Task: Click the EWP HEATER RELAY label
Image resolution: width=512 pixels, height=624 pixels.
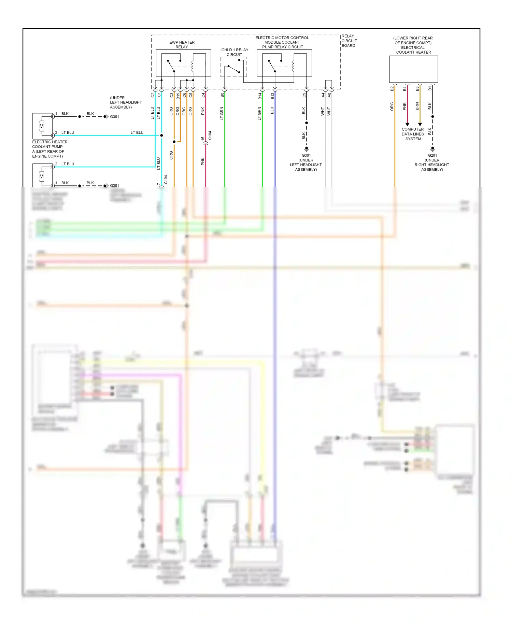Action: (182, 45)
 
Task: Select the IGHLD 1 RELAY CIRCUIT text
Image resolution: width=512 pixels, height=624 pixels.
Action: (234, 52)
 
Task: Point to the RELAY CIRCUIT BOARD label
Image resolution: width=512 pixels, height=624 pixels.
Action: (349, 41)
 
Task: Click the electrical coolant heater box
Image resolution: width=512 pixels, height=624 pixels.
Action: (413, 69)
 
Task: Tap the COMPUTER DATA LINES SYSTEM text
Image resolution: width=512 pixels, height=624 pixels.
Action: (413, 134)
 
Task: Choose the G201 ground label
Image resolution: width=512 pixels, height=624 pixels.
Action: (432, 155)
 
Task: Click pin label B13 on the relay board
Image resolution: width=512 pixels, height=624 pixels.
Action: (272, 96)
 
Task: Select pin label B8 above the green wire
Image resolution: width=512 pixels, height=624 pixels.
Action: (222, 95)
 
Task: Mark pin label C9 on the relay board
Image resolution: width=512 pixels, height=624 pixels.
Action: (304, 95)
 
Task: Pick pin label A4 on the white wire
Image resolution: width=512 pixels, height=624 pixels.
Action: (323, 95)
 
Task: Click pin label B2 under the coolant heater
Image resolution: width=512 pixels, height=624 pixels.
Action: (392, 89)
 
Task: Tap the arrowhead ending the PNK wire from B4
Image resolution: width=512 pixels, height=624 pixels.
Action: (407, 125)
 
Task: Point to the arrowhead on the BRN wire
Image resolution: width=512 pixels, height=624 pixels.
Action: (420, 125)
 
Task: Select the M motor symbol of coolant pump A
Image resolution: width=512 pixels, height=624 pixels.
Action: (42, 126)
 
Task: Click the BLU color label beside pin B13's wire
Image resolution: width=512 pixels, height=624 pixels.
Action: (272, 111)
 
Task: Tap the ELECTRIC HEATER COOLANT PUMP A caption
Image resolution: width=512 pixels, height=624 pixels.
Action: (49, 149)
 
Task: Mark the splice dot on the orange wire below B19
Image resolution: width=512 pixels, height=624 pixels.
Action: (174, 142)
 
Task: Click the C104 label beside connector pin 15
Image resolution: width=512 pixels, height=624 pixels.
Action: (210, 136)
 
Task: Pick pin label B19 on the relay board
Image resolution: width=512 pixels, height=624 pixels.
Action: (178, 96)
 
